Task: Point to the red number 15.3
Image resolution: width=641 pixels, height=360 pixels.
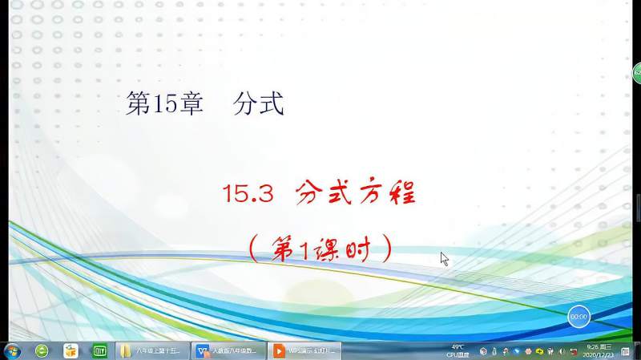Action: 248,194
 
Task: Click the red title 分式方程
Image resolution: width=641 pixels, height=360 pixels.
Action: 357,193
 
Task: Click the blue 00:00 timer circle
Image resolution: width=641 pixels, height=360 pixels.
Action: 579,317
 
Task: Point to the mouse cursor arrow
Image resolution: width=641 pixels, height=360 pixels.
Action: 443,257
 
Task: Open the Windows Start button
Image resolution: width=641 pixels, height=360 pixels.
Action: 13,351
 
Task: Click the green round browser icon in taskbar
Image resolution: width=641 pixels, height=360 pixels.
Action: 42,351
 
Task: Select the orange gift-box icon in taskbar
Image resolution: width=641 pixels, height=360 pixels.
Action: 71,351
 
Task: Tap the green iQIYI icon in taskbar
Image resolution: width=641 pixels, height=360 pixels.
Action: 100,351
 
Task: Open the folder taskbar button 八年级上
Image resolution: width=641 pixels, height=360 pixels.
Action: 153,351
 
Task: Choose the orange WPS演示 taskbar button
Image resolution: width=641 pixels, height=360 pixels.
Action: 304,351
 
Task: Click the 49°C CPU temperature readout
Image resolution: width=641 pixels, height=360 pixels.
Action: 458,350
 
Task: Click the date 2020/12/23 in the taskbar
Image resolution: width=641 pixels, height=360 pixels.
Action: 600,355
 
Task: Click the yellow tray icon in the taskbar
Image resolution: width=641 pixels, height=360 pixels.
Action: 539,351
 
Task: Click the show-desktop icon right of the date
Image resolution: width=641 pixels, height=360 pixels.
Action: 625,351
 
